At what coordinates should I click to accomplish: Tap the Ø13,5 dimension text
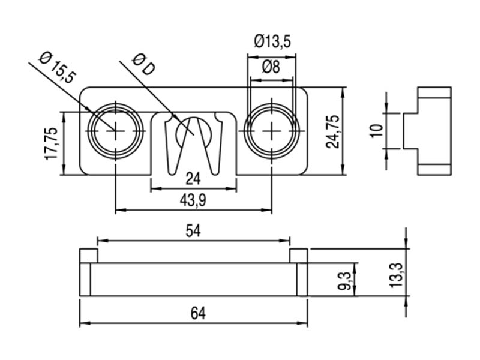(x=272, y=41)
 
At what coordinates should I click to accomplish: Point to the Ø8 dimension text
(x=271, y=67)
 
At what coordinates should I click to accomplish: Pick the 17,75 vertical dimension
(x=51, y=143)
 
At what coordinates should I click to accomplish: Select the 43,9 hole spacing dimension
(x=193, y=202)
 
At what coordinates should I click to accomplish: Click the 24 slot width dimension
(x=193, y=179)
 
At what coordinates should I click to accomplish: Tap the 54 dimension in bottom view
(x=193, y=232)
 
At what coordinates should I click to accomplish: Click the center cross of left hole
(x=116, y=130)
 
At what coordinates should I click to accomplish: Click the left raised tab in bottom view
(x=89, y=256)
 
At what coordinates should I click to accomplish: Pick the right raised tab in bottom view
(x=298, y=256)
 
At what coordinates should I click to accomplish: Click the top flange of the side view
(x=434, y=93)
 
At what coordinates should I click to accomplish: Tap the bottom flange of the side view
(x=434, y=169)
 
